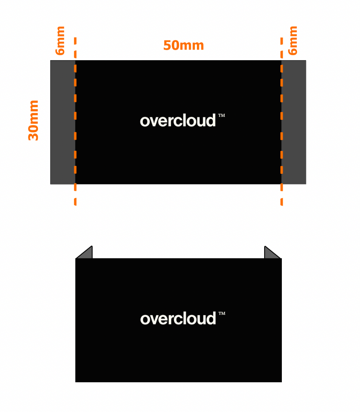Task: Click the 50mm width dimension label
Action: point(184,46)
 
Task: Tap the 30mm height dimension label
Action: point(34,120)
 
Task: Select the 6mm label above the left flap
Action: point(60,40)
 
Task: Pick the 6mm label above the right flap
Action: point(293,40)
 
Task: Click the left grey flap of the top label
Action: point(63,122)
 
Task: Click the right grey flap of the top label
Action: point(294,122)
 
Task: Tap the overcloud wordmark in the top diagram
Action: point(178,121)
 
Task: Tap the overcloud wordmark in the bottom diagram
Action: point(178,319)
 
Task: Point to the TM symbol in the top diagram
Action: point(222,116)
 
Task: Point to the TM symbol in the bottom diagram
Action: point(222,314)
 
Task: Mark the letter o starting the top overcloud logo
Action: point(144,122)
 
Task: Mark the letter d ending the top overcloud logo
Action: point(211,120)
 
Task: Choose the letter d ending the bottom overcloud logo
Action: point(211,318)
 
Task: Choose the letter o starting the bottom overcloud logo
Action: point(144,320)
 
